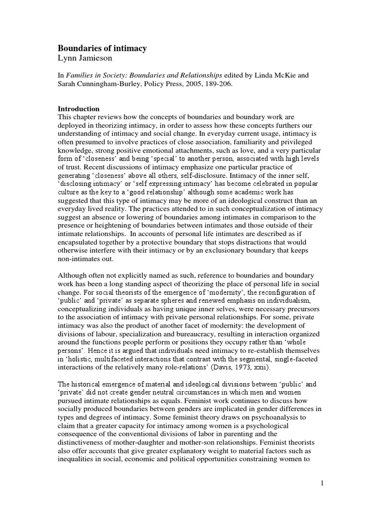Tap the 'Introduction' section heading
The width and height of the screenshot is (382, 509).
pos(80,109)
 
